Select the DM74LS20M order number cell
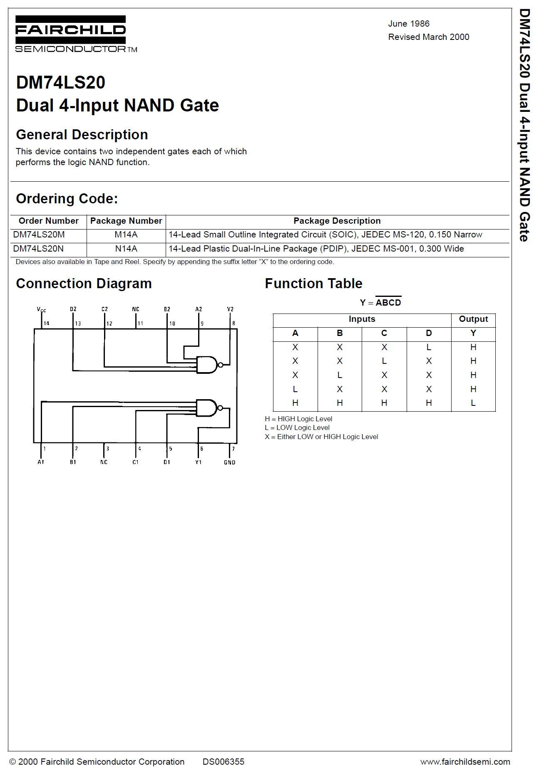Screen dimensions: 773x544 [39, 235]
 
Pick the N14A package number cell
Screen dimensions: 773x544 [126, 249]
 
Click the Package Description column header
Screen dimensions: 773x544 [337, 221]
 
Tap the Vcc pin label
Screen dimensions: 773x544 [42, 309]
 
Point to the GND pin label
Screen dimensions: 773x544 [229, 462]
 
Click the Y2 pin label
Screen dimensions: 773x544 [230, 309]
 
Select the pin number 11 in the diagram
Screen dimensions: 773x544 [140, 323]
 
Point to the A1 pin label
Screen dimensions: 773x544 [41, 462]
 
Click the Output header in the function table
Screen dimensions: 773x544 [473, 319]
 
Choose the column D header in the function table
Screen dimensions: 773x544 [429, 333]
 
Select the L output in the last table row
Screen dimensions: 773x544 [473, 403]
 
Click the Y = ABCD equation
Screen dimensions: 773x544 [380, 302]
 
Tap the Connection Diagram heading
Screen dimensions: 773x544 [84, 284]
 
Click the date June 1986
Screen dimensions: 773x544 [408, 24]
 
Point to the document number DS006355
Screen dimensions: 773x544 [224, 762]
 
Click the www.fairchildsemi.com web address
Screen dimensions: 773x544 [465, 762]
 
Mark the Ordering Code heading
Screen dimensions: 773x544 [67, 199]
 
